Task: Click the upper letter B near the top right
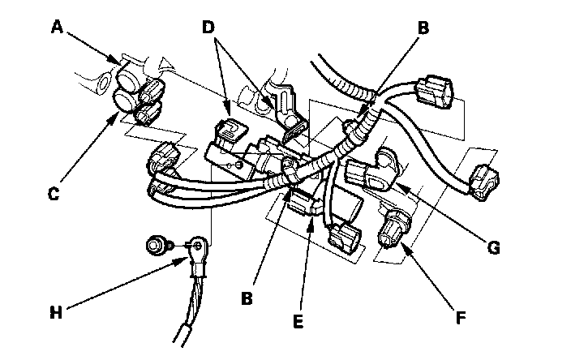(423, 28)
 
